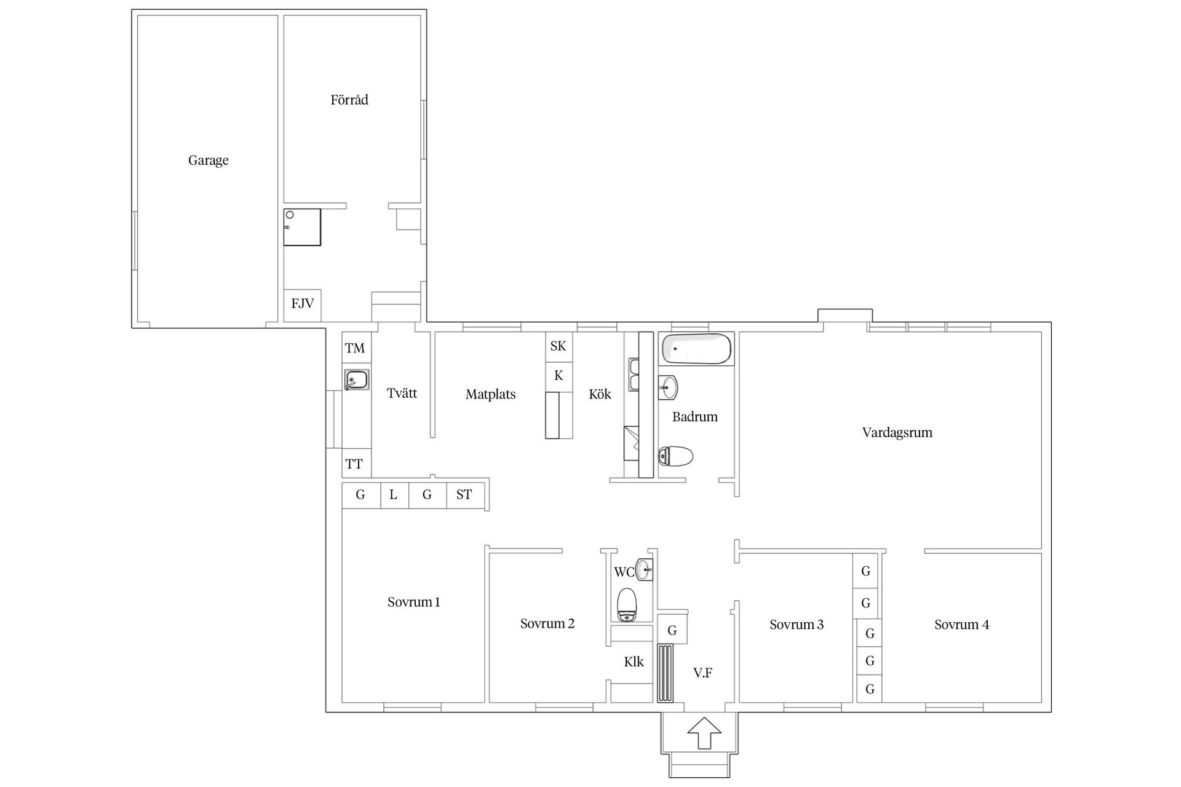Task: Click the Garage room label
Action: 209,160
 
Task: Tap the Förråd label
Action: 349,100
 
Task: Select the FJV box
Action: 302,304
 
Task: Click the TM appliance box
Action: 355,348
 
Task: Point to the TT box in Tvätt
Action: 354,464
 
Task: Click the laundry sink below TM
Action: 357,379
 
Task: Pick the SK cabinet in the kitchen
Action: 559,346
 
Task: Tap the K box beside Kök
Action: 559,376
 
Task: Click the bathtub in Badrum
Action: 696,349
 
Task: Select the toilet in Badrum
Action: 675,456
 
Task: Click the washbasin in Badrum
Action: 668,387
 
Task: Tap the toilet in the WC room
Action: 627,604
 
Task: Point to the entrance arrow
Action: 704,733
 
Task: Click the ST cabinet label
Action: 464,494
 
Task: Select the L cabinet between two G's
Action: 394,495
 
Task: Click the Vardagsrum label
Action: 897,432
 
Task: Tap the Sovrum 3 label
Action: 797,625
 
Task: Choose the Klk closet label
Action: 634,662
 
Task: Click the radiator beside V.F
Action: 666,673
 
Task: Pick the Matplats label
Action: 491,395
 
